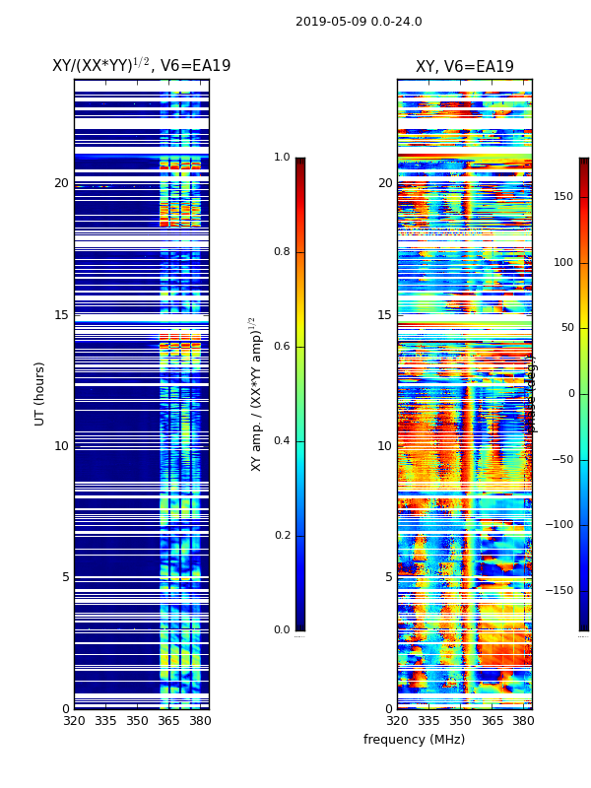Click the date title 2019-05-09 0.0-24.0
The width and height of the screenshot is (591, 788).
pos(359,22)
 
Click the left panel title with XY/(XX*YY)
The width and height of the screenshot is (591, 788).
pos(141,66)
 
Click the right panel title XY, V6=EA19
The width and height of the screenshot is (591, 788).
pos(464,67)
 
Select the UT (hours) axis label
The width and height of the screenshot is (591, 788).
pos(40,393)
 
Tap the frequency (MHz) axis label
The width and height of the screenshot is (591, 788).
pos(414,740)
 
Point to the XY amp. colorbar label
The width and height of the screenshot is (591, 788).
pos(256,393)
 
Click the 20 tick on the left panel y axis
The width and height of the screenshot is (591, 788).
pos(61,183)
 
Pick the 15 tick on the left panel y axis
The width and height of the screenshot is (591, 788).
pos(61,315)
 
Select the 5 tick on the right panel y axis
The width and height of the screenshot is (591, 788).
pos(388,577)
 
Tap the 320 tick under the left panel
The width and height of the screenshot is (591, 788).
pos(74,721)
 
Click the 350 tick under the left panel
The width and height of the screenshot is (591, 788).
pos(137,721)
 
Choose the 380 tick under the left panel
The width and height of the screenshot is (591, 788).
pos(200,721)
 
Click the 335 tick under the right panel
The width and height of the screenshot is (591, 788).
pos(428,721)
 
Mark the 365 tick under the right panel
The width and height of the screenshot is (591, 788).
pos(492,721)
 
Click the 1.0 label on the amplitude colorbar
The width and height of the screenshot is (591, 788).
pos(282,158)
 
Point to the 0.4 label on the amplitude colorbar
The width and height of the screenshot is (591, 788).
pos(282,440)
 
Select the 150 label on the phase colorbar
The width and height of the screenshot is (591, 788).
pos(562,196)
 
